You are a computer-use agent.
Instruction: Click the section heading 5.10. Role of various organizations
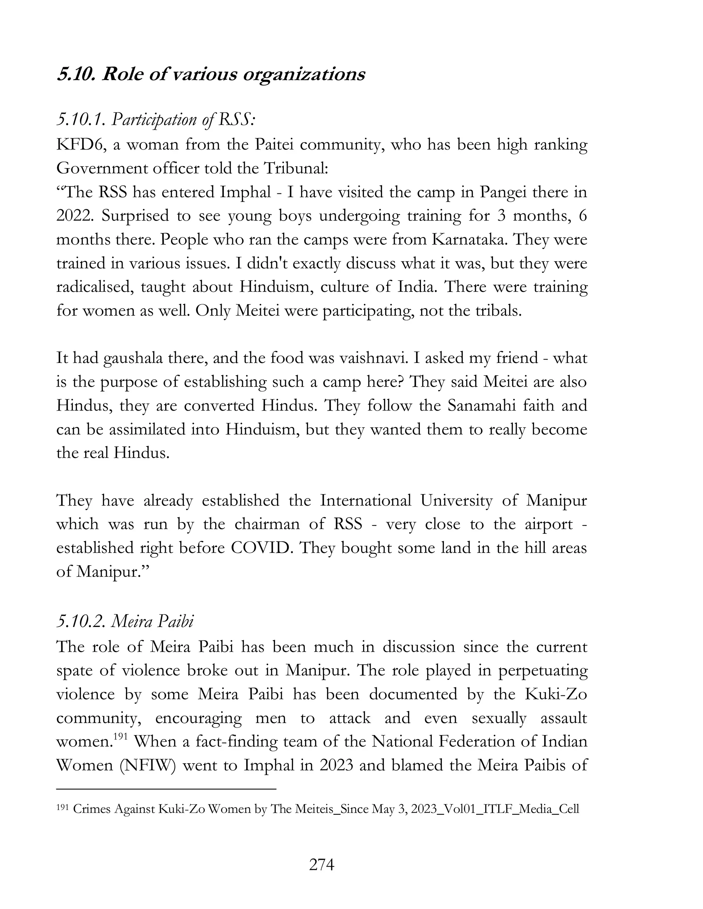point(211,75)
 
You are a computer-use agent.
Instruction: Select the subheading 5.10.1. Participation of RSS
point(156,120)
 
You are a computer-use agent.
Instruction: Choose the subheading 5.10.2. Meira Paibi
point(125,622)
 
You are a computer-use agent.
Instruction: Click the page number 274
point(322,865)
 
